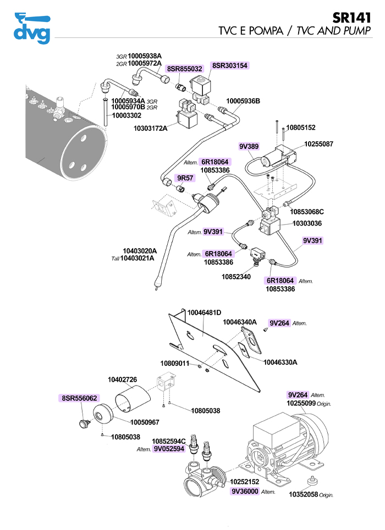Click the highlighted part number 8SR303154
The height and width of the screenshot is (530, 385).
point(230,65)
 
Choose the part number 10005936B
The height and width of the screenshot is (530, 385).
point(243,102)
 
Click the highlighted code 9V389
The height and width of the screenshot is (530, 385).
point(249,147)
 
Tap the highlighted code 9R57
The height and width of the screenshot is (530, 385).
point(184,178)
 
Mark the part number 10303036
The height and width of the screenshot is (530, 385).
point(307,224)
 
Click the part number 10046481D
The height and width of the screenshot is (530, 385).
point(204,312)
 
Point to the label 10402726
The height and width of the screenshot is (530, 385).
point(122,380)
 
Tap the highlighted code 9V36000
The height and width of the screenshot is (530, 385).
point(245,492)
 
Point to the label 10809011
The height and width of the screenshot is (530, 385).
point(175,364)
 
